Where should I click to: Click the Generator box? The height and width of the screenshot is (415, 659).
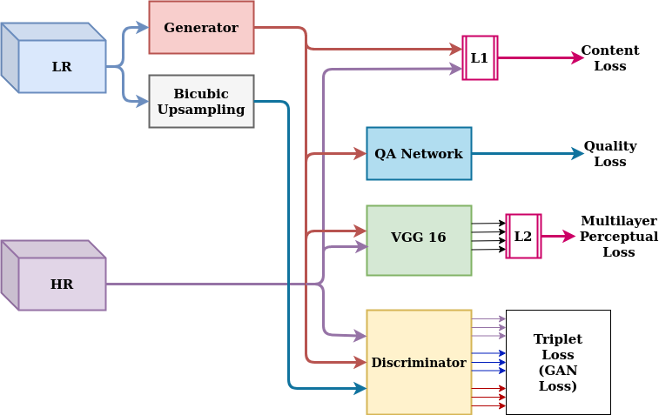201,27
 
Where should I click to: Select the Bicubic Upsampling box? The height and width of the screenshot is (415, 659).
201,101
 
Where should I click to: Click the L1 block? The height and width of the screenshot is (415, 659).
480,57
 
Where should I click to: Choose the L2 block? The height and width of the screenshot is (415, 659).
523,236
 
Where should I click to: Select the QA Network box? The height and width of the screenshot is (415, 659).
419,153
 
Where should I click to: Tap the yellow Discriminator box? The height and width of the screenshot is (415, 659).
419,362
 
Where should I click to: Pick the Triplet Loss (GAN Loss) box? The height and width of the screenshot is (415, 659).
558,362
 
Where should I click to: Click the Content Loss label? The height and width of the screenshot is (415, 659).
609,57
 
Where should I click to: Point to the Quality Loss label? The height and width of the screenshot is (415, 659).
609,153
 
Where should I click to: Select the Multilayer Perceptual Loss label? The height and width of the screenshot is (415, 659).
618,236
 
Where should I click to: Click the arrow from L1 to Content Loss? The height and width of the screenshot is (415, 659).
540,57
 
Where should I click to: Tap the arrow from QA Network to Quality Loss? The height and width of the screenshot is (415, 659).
527,153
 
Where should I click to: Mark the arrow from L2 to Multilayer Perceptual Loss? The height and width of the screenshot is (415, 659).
557,236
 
